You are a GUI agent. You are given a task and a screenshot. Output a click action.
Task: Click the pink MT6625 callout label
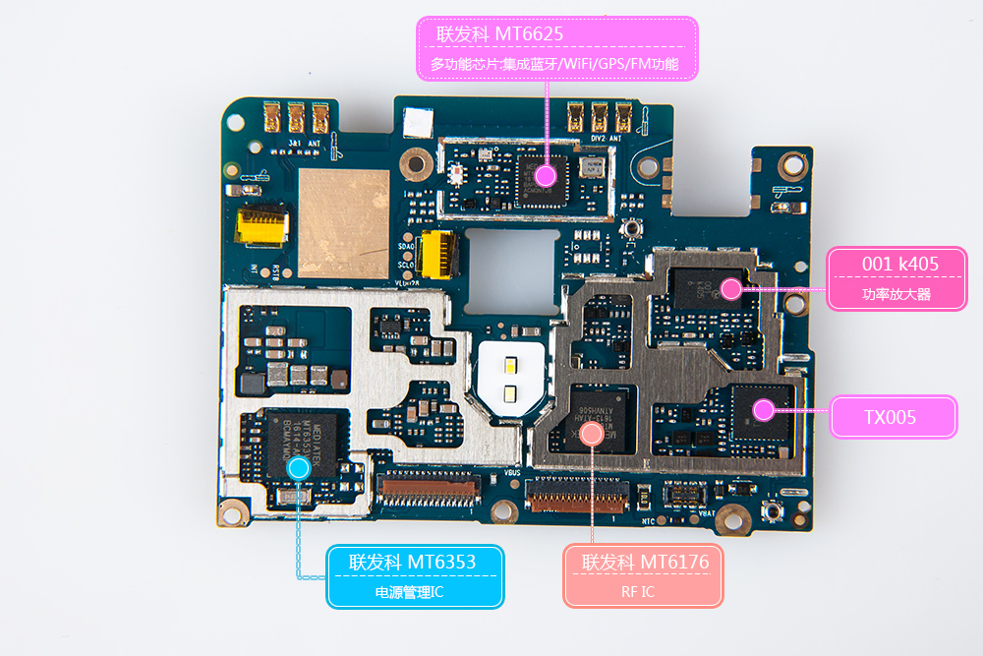click(556, 48)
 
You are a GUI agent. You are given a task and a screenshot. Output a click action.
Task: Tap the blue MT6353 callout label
click(414, 576)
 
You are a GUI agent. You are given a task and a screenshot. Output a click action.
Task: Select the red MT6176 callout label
click(644, 575)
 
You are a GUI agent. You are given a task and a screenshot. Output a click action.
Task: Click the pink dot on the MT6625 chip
click(548, 176)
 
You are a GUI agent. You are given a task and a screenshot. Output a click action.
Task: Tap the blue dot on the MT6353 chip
click(300, 467)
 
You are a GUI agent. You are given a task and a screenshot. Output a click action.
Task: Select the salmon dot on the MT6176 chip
click(591, 433)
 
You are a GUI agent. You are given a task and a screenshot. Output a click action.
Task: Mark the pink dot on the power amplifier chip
click(730, 288)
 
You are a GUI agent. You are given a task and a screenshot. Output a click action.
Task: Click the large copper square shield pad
click(343, 222)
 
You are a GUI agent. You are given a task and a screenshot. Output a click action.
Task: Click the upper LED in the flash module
click(510, 368)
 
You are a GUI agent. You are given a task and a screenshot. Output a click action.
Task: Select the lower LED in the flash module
click(510, 394)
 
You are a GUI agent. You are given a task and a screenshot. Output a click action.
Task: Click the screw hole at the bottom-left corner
click(233, 510)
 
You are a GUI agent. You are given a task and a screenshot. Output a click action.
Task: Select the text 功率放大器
click(896, 294)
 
